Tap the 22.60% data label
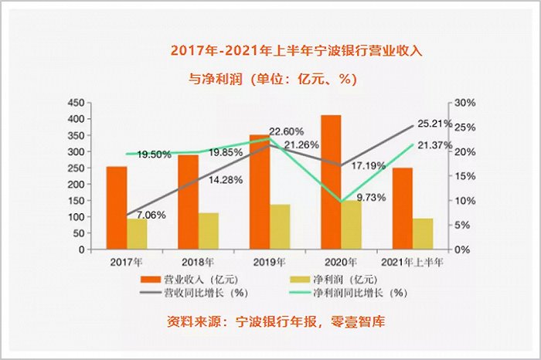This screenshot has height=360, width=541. tap(286, 131)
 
